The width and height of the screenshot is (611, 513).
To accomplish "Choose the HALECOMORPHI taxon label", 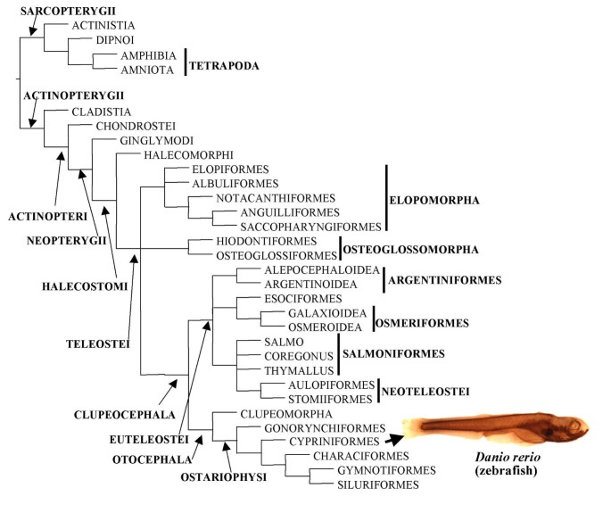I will tap(181, 154).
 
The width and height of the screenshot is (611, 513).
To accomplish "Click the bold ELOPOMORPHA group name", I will tap(436, 201).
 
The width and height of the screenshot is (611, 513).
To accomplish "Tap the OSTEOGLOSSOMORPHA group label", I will tap(412, 249).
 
